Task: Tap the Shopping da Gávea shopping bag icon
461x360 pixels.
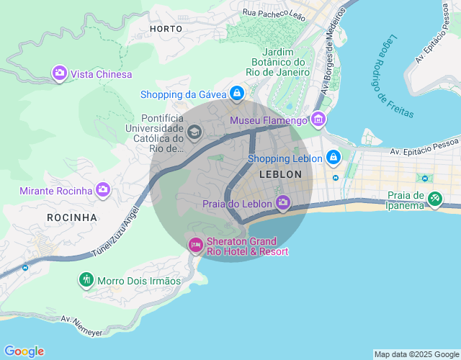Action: click(236, 94)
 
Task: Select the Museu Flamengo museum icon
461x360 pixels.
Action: click(318, 120)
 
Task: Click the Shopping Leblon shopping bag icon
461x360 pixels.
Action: click(333, 157)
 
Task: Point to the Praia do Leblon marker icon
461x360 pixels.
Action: click(282, 204)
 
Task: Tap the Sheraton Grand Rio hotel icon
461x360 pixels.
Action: click(195, 246)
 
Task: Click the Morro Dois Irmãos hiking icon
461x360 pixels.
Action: click(86, 279)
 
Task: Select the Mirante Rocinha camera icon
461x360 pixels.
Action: click(103, 190)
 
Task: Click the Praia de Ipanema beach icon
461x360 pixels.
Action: click(434, 199)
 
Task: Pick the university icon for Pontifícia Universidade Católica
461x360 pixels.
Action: click(194, 132)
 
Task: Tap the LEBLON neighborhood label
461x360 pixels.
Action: click(279, 175)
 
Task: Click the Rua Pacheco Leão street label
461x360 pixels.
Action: click(274, 14)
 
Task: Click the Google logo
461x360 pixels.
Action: click(23, 351)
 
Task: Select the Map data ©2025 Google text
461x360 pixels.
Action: click(416, 354)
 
